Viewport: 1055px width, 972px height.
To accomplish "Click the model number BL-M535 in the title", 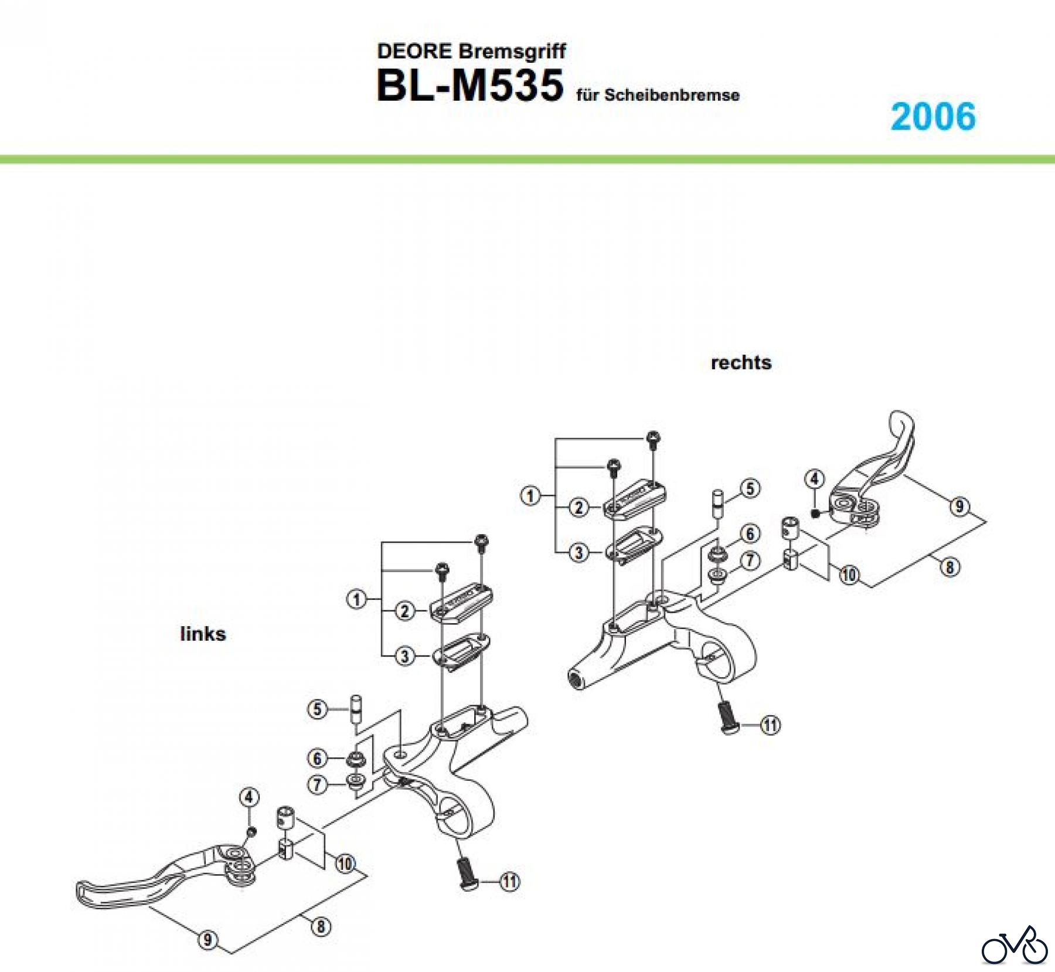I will [470, 86].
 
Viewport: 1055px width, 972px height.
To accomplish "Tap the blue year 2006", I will [933, 116].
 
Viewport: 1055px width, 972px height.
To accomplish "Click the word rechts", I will [741, 362].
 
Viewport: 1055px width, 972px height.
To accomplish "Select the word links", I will [203, 634].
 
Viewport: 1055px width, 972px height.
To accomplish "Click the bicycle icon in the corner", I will [1015, 944].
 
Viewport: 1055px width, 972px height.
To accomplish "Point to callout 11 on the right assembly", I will [770, 725].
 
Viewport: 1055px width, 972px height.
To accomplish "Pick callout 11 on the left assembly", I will [510, 881].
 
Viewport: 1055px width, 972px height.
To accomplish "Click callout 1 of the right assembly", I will [530, 496].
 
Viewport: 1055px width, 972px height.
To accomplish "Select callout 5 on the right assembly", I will [751, 488].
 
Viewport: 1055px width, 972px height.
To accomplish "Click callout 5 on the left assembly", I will [318, 709].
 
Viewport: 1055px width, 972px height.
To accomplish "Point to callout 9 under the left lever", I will [207, 940].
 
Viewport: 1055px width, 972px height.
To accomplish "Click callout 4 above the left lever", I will [249, 797].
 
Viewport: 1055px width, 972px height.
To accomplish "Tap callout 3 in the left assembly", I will [404, 655].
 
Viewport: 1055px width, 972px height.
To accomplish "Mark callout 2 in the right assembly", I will [579, 507].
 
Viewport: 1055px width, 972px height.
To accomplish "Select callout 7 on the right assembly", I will [750, 561].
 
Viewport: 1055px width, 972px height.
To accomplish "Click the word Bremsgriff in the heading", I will [512, 51].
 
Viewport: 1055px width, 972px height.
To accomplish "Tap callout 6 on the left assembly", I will [318, 759].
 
